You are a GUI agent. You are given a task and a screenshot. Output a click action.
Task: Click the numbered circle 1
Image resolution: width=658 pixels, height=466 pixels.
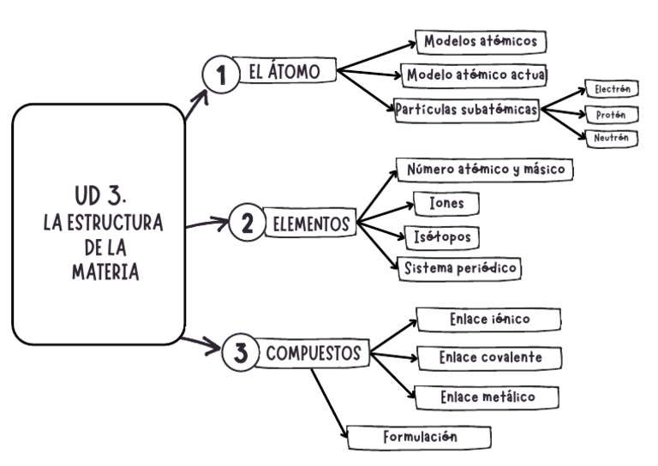(x=221, y=76)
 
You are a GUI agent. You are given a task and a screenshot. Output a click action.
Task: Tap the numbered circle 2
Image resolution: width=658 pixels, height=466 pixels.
(x=247, y=224)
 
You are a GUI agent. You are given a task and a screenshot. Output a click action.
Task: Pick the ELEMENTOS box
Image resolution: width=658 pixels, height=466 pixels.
(x=310, y=224)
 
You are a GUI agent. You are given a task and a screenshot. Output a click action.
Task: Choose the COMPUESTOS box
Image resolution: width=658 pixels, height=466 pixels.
(x=316, y=353)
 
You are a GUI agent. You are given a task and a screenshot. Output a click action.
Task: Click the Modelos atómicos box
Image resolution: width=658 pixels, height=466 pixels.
(x=480, y=41)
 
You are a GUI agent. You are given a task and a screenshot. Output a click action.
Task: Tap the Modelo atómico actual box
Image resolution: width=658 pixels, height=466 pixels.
(x=476, y=74)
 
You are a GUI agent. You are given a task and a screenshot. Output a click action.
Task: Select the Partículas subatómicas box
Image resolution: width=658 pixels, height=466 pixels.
(x=467, y=110)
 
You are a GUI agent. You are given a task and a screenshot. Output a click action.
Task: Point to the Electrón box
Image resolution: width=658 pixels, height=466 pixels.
(x=612, y=90)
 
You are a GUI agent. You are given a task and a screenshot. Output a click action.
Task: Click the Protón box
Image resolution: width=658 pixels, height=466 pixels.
(x=612, y=114)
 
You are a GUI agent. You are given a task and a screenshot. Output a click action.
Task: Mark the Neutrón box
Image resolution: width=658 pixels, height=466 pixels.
(x=612, y=137)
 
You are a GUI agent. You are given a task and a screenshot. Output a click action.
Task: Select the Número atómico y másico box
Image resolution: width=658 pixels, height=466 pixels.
(x=485, y=170)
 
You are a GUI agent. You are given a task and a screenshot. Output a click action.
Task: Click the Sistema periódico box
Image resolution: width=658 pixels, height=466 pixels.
(x=459, y=268)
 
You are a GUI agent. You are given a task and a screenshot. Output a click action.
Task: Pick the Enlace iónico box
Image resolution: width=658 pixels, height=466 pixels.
(x=488, y=320)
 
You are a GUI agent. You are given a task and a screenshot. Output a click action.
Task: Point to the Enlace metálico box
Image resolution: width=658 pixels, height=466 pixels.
(x=487, y=397)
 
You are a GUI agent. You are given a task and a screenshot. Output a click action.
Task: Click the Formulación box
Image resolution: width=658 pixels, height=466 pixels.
(x=419, y=437)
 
